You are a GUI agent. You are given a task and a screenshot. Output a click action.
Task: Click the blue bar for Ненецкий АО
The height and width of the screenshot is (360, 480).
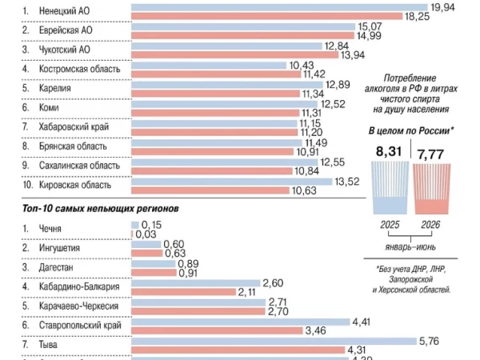click(x=279, y=7)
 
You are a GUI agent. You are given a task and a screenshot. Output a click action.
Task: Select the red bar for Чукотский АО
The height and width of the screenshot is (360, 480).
click(x=234, y=54)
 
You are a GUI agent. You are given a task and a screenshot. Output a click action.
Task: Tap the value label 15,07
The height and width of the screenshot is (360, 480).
click(x=370, y=26)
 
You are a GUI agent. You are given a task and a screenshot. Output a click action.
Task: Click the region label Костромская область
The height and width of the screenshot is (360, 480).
click(x=79, y=69)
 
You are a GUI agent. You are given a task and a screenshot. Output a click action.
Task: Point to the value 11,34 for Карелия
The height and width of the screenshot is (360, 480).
click(x=313, y=94)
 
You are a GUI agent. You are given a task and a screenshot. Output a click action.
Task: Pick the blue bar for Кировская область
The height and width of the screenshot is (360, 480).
click(x=232, y=182)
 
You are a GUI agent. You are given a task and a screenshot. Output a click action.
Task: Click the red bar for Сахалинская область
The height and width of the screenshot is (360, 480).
click(x=212, y=171)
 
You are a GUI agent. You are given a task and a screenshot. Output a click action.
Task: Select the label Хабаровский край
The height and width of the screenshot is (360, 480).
click(x=74, y=126)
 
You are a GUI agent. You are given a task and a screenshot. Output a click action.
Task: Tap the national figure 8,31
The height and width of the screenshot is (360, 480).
click(x=389, y=151)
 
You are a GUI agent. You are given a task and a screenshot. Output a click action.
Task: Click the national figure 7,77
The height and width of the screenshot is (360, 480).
click(x=430, y=154)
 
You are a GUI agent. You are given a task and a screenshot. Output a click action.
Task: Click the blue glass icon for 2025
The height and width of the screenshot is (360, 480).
click(x=390, y=188)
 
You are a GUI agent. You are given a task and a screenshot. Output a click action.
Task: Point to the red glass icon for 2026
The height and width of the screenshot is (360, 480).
click(x=432, y=189)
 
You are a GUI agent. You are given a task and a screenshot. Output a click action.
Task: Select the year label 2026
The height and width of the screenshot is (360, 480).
click(x=430, y=225)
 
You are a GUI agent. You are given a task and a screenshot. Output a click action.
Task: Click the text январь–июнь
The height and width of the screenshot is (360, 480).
click(x=410, y=246)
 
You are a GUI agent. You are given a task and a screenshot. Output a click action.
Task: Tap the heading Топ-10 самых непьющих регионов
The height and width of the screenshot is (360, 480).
click(x=101, y=209)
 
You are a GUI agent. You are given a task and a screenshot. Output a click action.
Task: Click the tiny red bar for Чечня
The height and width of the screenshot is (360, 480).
click(x=132, y=234)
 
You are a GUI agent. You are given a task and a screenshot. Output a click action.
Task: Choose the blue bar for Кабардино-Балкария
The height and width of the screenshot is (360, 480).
click(x=196, y=283)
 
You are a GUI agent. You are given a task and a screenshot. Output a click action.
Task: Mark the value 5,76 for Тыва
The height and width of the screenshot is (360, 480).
click(x=429, y=341)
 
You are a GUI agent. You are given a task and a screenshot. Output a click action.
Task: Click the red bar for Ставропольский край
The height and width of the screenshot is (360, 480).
click(x=217, y=330)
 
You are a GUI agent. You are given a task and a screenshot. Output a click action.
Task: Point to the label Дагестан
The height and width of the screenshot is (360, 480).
click(x=56, y=267)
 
